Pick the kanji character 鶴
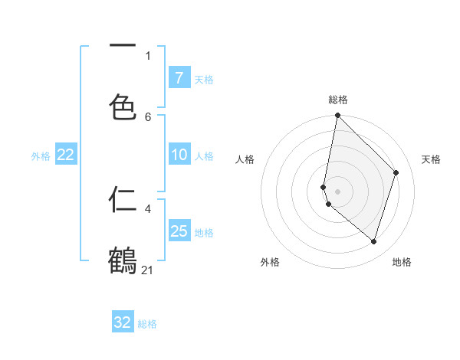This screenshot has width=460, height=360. (123, 261)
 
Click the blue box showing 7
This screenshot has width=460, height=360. (179, 77)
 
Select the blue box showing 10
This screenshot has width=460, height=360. (179, 155)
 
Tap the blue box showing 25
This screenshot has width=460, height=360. (179, 231)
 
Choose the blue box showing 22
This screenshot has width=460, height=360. (66, 155)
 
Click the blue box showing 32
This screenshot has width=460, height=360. (123, 322)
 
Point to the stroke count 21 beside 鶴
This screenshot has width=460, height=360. (148, 270)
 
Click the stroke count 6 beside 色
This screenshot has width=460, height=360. (148, 116)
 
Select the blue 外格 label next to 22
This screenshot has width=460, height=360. (41, 155)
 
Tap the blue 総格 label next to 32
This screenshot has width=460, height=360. (148, 323)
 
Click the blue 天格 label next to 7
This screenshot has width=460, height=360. (204, 78)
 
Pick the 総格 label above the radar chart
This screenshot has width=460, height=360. (338, 100)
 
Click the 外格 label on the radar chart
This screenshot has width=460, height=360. (270, 262)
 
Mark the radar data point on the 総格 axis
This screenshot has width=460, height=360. (337, 115)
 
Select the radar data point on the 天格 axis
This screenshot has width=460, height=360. (396, 172)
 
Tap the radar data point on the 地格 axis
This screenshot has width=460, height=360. (374, 242)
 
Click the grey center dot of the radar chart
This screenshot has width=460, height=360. (337, 191)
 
